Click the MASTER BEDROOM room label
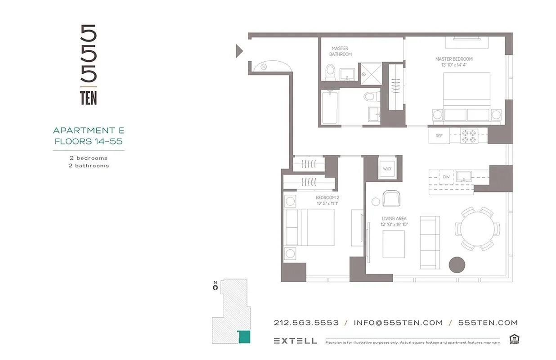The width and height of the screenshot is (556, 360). (x=453, y=59)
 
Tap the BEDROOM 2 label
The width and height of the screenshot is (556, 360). (x=327, y=198)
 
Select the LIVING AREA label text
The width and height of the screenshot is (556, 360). (x=394, y=219)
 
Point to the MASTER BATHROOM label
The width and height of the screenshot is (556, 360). (x=340, y=51)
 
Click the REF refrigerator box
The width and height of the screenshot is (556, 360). (x=439, y=135)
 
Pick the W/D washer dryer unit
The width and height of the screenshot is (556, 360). (x=387, y=170)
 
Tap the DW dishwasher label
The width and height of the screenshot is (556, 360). (x=446, y=177)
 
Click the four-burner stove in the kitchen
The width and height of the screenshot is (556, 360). (x=470, y=135)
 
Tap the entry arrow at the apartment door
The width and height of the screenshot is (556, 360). (x=239, y=51)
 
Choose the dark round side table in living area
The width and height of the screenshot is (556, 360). (x=458, y=264)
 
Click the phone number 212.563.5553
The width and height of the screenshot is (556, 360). (x=306, y=323)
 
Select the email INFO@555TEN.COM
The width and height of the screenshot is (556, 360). (x=398, y=323)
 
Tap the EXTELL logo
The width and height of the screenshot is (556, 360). (x=295, y=341)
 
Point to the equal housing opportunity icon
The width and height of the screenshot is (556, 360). (x=514, y=339)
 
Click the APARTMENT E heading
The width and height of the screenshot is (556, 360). (x=89, y=130)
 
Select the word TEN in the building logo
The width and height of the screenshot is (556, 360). (x=89, y=99)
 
